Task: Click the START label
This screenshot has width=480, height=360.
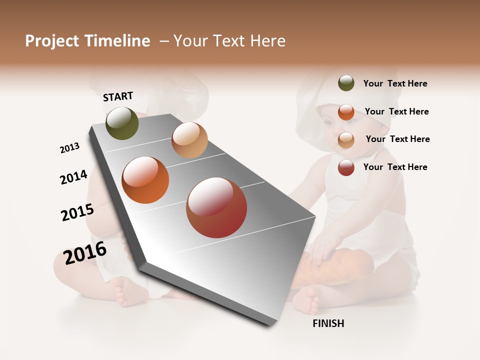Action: (x=118, y=96)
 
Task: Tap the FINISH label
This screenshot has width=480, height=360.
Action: (x=328, y=323)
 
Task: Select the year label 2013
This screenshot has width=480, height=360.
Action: (x=69, y=148)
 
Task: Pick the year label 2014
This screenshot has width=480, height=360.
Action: (x=73, y=177)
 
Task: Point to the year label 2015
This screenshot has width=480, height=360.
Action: (x=77, y=212)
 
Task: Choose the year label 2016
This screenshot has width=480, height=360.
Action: (x=85, y=253)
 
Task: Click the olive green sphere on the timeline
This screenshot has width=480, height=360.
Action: (x=122, y=123)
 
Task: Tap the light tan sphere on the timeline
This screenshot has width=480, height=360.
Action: (x=189, y=140)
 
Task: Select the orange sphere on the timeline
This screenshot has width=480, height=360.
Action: (x=145, y=180)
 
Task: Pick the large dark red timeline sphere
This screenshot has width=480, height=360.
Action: (x=216, y=207)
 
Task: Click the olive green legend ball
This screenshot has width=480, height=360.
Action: (x=346, y=83)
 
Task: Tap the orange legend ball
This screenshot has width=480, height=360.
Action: (x=346, y=111)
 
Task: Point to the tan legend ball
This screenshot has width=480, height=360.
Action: (x=346, y=139)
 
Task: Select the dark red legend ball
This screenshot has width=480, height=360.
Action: (x=346, y=167)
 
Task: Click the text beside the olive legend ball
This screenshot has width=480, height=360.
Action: (x=395, y=83)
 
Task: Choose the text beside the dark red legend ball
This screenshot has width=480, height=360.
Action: (x=395, y=167)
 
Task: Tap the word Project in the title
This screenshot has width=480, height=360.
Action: (x=52, y=41)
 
